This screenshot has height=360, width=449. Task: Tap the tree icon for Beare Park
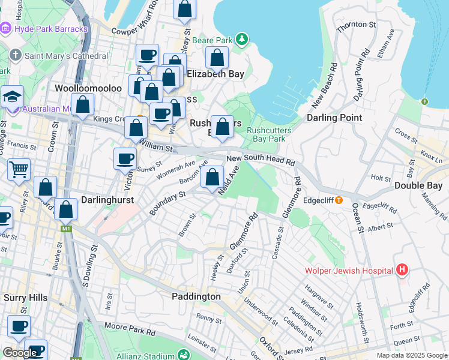(x=241, y=40)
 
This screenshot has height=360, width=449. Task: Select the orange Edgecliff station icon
(x=339, y=200)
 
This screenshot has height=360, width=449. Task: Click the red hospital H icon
(x=402, y=271)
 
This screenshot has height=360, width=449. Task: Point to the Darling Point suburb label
(x=334, y=118)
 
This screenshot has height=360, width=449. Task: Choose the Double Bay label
(x=418, y=185)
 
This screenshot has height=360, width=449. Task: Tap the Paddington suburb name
(x=196, y=296)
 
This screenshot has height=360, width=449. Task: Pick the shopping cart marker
(x=19, y=170)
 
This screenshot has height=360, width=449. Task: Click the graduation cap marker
(x=11, y=97)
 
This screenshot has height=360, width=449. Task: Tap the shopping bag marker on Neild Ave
(x=212, y=177)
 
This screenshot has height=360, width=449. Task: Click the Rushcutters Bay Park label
(x=269, y=134)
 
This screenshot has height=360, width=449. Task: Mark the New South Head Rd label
(x=261, y=160)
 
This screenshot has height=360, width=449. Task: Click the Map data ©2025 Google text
(x=411, y=355)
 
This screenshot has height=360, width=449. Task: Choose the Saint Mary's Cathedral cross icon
(x=16, y=55)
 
